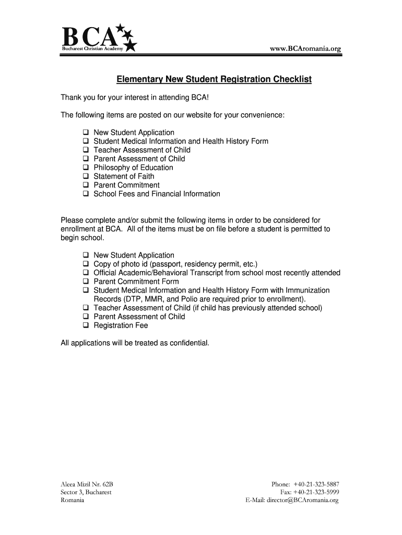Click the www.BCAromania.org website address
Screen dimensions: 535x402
[x=305, y=49]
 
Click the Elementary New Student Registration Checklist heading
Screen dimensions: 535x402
[x=214, y=79]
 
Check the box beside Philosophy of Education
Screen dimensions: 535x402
[x=86, y=168]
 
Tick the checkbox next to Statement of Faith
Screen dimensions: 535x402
[x=86, y=177]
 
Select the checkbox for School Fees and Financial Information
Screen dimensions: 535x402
[x=86, y=194]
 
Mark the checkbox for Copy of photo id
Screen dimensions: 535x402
[x=86, y=264]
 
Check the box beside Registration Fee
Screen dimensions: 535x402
[x=86, y=325]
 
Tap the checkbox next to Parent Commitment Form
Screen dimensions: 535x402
[x=86, y=282]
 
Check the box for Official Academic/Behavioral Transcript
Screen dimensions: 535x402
[x=86, y=273]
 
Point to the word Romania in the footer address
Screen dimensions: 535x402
[x=73, y=501]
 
